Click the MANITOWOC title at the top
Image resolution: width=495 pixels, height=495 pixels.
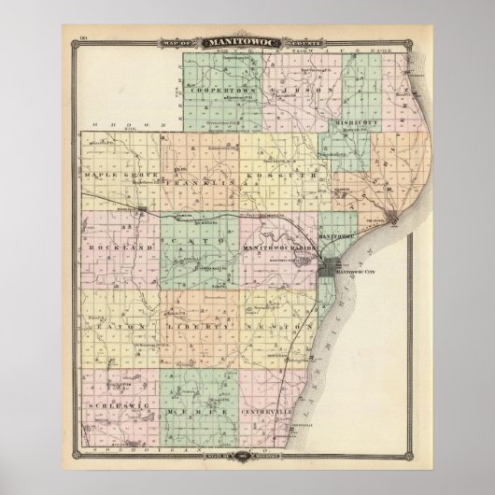coord(247,42)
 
